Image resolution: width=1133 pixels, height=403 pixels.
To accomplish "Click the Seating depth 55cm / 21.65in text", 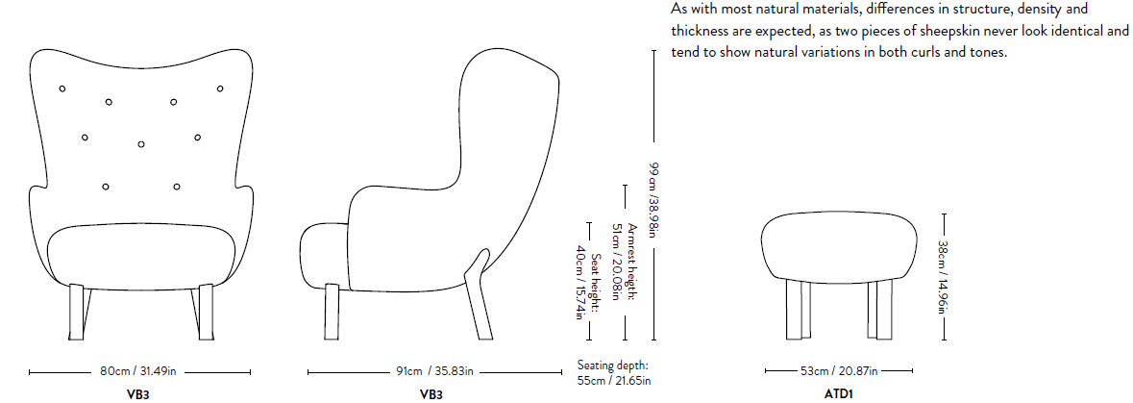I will point(614,373).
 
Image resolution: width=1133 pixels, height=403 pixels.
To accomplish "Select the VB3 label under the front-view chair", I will point(137,394).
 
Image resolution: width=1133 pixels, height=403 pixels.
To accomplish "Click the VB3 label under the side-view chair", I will point(431,394).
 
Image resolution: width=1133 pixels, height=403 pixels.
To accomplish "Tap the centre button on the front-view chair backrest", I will point(141,145).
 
